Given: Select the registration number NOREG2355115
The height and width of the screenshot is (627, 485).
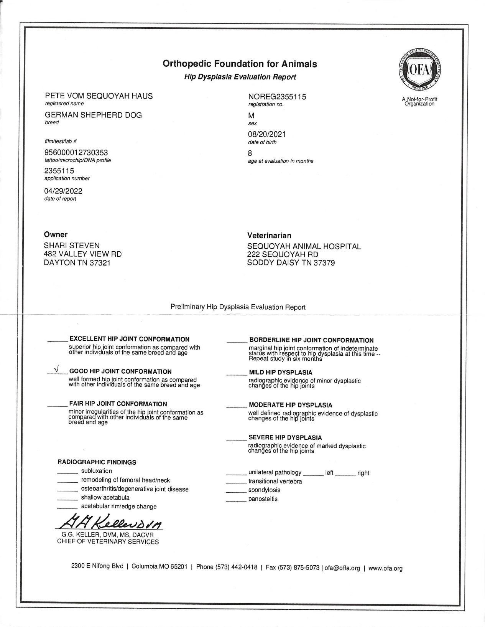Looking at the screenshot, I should [x=277, y=97].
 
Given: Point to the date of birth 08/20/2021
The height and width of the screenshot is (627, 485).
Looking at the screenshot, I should [x=266, y=134].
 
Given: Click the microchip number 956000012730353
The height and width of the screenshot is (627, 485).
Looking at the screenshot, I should [x=76, y=153].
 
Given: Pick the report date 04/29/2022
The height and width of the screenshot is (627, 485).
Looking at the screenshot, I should [x=63, y=191].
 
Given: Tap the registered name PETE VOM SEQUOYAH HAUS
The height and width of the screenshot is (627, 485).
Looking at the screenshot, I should [x=99, y=96].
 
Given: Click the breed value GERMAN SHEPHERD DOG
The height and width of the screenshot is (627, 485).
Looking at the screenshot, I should [x=93, y=115].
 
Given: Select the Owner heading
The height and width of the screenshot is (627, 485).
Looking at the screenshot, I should [x=56, y=234].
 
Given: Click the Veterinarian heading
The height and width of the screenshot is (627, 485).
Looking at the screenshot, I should [x=269, y=235].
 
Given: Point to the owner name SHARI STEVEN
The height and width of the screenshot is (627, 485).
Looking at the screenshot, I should [x=72, y=246].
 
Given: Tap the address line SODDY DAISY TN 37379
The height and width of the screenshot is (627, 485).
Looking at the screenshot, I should [x=291, y=263].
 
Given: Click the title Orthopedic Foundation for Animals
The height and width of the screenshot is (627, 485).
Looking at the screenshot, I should [x=240, y=64].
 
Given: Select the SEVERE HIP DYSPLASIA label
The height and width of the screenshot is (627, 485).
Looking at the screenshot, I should [x=285, y=437].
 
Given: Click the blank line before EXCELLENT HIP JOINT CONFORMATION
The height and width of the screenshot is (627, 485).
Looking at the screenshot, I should [x=58, y=340].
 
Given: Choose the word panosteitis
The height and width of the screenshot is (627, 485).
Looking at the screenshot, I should [x=263, y=499].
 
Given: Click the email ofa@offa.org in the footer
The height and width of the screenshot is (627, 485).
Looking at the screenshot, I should [x=342, y=568].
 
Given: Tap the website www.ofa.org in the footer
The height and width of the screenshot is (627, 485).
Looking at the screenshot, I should [x=385, y=568].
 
